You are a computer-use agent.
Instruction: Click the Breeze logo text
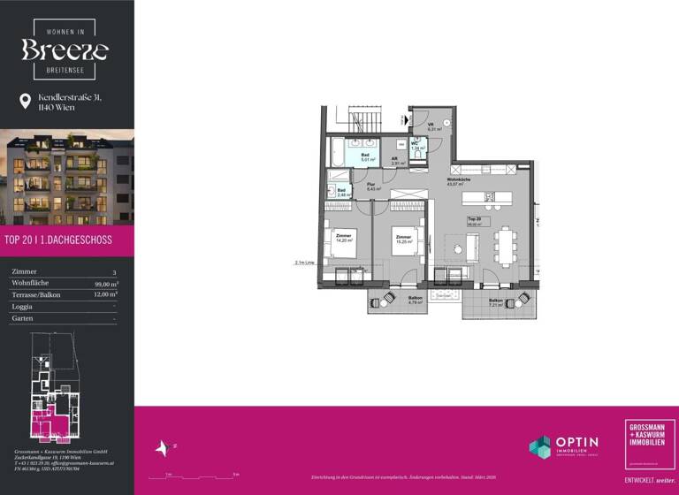tap(65, 49)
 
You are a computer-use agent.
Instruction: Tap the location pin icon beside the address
tap(25, 102)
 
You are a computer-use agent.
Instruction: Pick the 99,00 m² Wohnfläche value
tap(106, 284)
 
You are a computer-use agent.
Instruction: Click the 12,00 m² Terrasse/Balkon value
tap(106, 294)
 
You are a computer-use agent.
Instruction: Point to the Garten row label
tap(21, 317)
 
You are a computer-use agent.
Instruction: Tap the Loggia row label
tap(22, 306)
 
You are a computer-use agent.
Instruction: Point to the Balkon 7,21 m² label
tap(497, 303)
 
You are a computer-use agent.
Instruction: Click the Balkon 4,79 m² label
tap(390, 301)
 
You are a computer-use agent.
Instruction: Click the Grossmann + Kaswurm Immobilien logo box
tap(650, 445)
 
